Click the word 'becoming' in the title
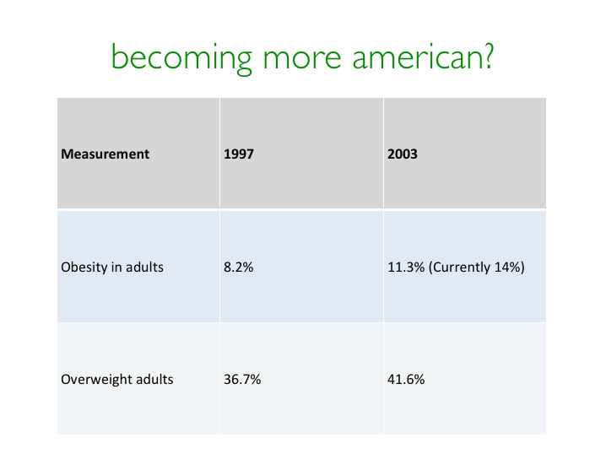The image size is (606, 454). click(181, 59)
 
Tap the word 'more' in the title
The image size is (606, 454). click(302, 59)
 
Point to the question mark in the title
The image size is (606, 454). click(487, 56)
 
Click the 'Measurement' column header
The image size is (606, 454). click(106, 154)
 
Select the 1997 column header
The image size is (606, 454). click(239, 154)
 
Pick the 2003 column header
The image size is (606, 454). click(403, 154)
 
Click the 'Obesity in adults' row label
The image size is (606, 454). click(112, 267)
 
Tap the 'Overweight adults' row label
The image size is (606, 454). click(117, 380)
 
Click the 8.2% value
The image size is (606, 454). click(239, 267)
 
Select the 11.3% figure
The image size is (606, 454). click(406, 267)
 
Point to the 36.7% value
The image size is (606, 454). click(242, 380)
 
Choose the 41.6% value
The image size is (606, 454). click(406, 380)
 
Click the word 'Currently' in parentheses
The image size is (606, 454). click(460, 268)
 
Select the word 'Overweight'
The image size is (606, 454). click(95, 380)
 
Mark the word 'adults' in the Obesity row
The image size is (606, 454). click(144, 267)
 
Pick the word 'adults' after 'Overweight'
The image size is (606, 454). click(154, 380)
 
